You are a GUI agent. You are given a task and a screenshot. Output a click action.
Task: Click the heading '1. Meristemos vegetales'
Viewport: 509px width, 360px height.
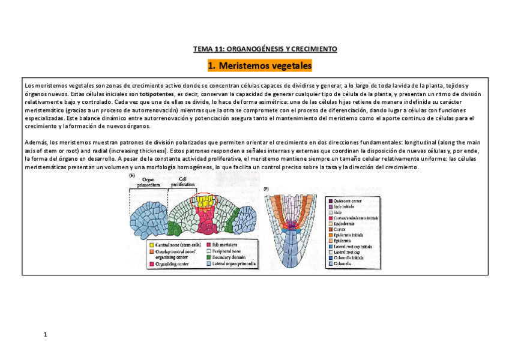(260, 65)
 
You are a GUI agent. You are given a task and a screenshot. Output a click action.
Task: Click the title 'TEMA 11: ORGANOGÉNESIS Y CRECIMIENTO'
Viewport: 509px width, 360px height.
(265, 49)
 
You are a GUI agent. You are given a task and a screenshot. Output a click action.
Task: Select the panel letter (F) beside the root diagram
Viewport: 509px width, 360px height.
(267, 190)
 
